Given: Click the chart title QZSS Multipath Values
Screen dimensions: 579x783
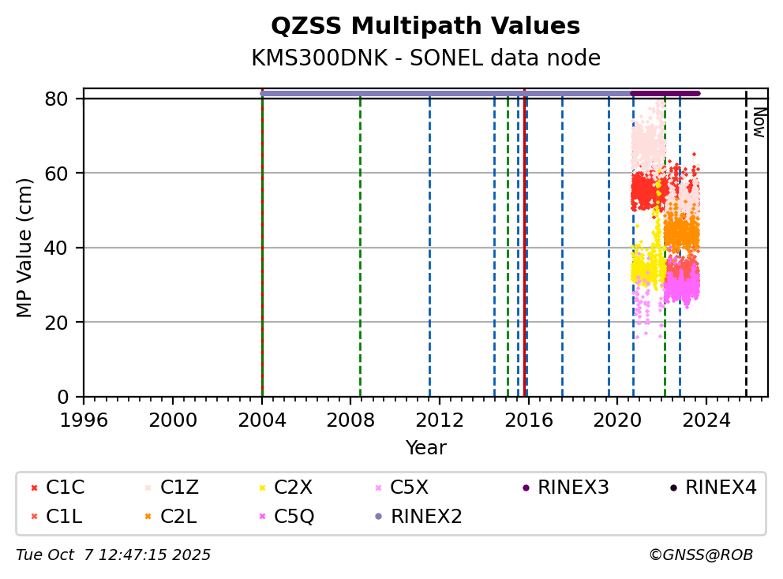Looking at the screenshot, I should [425, 26].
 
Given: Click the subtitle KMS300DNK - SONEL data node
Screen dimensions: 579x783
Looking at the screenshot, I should [425, 58].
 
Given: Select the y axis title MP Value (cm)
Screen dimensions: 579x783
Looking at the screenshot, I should [25, 248].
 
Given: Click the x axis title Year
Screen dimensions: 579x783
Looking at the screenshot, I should [425, 448].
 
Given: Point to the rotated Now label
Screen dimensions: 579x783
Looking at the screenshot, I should [759, 122].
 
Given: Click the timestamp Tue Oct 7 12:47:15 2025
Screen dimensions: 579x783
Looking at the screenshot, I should [114, 555].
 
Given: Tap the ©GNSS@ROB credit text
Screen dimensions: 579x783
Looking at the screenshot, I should [701, 555].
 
